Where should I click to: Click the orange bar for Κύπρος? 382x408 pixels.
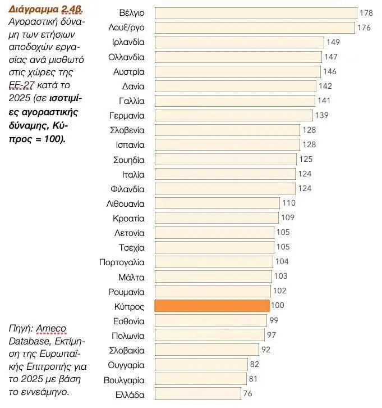coord(212,306)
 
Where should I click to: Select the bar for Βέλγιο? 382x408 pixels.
coord(255,13)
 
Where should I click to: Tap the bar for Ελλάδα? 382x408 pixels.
coord(197,394)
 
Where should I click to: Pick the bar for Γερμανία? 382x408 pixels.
coord(233,115)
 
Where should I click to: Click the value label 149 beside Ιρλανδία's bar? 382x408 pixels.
coord(333,42)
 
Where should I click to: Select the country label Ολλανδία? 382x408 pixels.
coord(126,57)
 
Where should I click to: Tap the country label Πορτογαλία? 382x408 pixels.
coord(122,262)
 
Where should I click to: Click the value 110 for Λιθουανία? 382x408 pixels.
coord(288,203)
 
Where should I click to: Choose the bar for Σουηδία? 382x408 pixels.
coord(225,159)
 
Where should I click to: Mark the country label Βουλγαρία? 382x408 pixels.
coord(124,379)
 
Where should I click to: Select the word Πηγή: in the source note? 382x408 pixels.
coord(20,328)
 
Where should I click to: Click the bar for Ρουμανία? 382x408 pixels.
coord(213,291)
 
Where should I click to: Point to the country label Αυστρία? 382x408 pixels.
coord(128,71)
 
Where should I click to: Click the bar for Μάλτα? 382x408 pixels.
coord(214,276)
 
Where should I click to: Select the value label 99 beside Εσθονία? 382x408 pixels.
coord(274,321)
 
